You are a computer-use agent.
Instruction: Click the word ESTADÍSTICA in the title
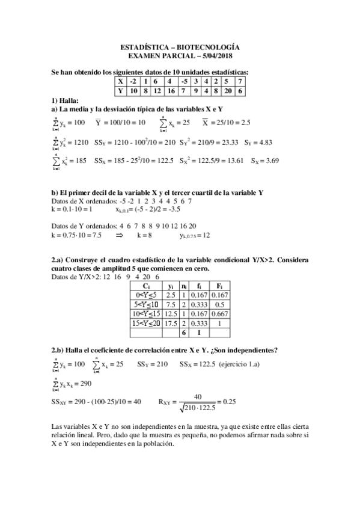pos(141,46)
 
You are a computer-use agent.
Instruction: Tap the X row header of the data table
pos(120,81)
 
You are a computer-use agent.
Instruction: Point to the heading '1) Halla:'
pos(66,100)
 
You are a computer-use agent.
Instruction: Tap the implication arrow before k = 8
pos(119,236)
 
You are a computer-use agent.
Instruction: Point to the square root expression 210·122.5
pos(196,407)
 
